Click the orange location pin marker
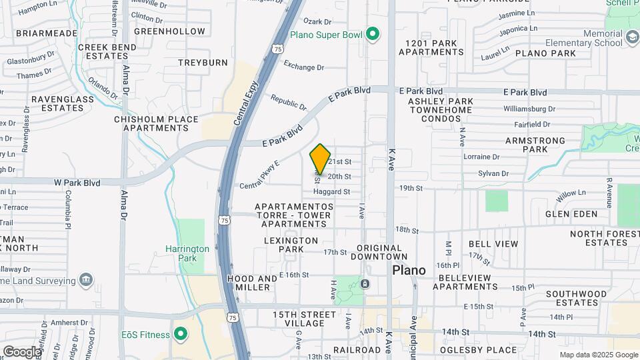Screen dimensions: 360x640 (320, 159)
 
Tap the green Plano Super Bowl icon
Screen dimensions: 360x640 (373, 34)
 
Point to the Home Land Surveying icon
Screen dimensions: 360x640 (86, 279)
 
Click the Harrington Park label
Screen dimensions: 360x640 (187, 253)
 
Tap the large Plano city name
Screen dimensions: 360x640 (409, 270)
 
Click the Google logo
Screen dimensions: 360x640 (22, 351)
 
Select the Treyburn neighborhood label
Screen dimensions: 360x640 (203, 62)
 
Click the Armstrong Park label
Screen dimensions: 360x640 (535, 145)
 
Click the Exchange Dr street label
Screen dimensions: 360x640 (303, 67)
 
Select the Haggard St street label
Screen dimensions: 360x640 (331, 192)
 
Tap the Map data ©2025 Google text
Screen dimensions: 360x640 (598, 355)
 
